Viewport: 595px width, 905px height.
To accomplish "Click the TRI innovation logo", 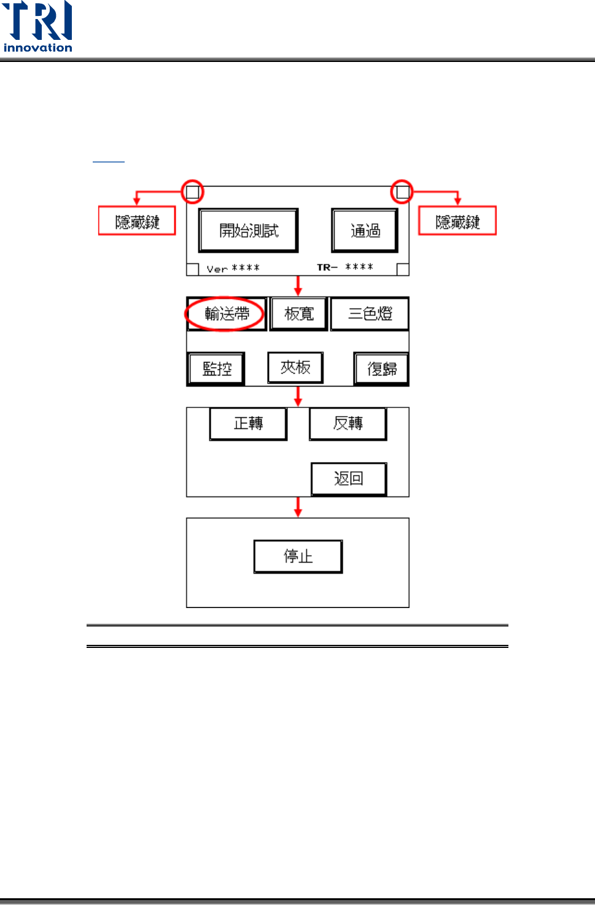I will tap(37, 27).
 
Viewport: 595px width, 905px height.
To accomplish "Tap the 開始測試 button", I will tap(249, 230).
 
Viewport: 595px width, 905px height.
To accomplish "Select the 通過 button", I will tap(365, 230).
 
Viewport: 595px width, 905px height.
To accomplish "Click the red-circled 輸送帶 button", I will tap(227, 314).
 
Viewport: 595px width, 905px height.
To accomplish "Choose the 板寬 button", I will tap(299, 314).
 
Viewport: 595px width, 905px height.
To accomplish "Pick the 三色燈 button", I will tap(370, 314).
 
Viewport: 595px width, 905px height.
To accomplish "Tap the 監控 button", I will tap(217, 368).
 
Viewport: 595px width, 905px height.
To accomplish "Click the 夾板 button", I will tap(295, 368).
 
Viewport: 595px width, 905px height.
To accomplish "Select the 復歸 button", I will tap(381, 368).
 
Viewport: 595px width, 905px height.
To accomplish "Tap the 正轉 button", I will tap(248, 423).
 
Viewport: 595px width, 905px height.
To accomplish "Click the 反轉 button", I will tap(348, 423).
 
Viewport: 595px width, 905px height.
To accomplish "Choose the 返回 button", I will tap(349, 479).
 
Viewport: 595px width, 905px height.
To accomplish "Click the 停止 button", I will tap(298, 556).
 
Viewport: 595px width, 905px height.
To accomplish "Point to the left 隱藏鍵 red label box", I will tap(137, 221).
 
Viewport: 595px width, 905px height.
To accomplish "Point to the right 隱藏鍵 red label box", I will tap(457, 221).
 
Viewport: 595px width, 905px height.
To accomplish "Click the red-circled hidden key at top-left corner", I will tap(192, 192).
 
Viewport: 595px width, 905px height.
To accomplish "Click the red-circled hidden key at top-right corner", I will tap(402, 192).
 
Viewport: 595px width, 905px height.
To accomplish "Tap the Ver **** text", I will tap(233, 268).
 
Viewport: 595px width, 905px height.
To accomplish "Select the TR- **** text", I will tap(345, 267).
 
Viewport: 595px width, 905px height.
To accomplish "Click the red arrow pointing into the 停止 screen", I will tap(298, 507).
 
